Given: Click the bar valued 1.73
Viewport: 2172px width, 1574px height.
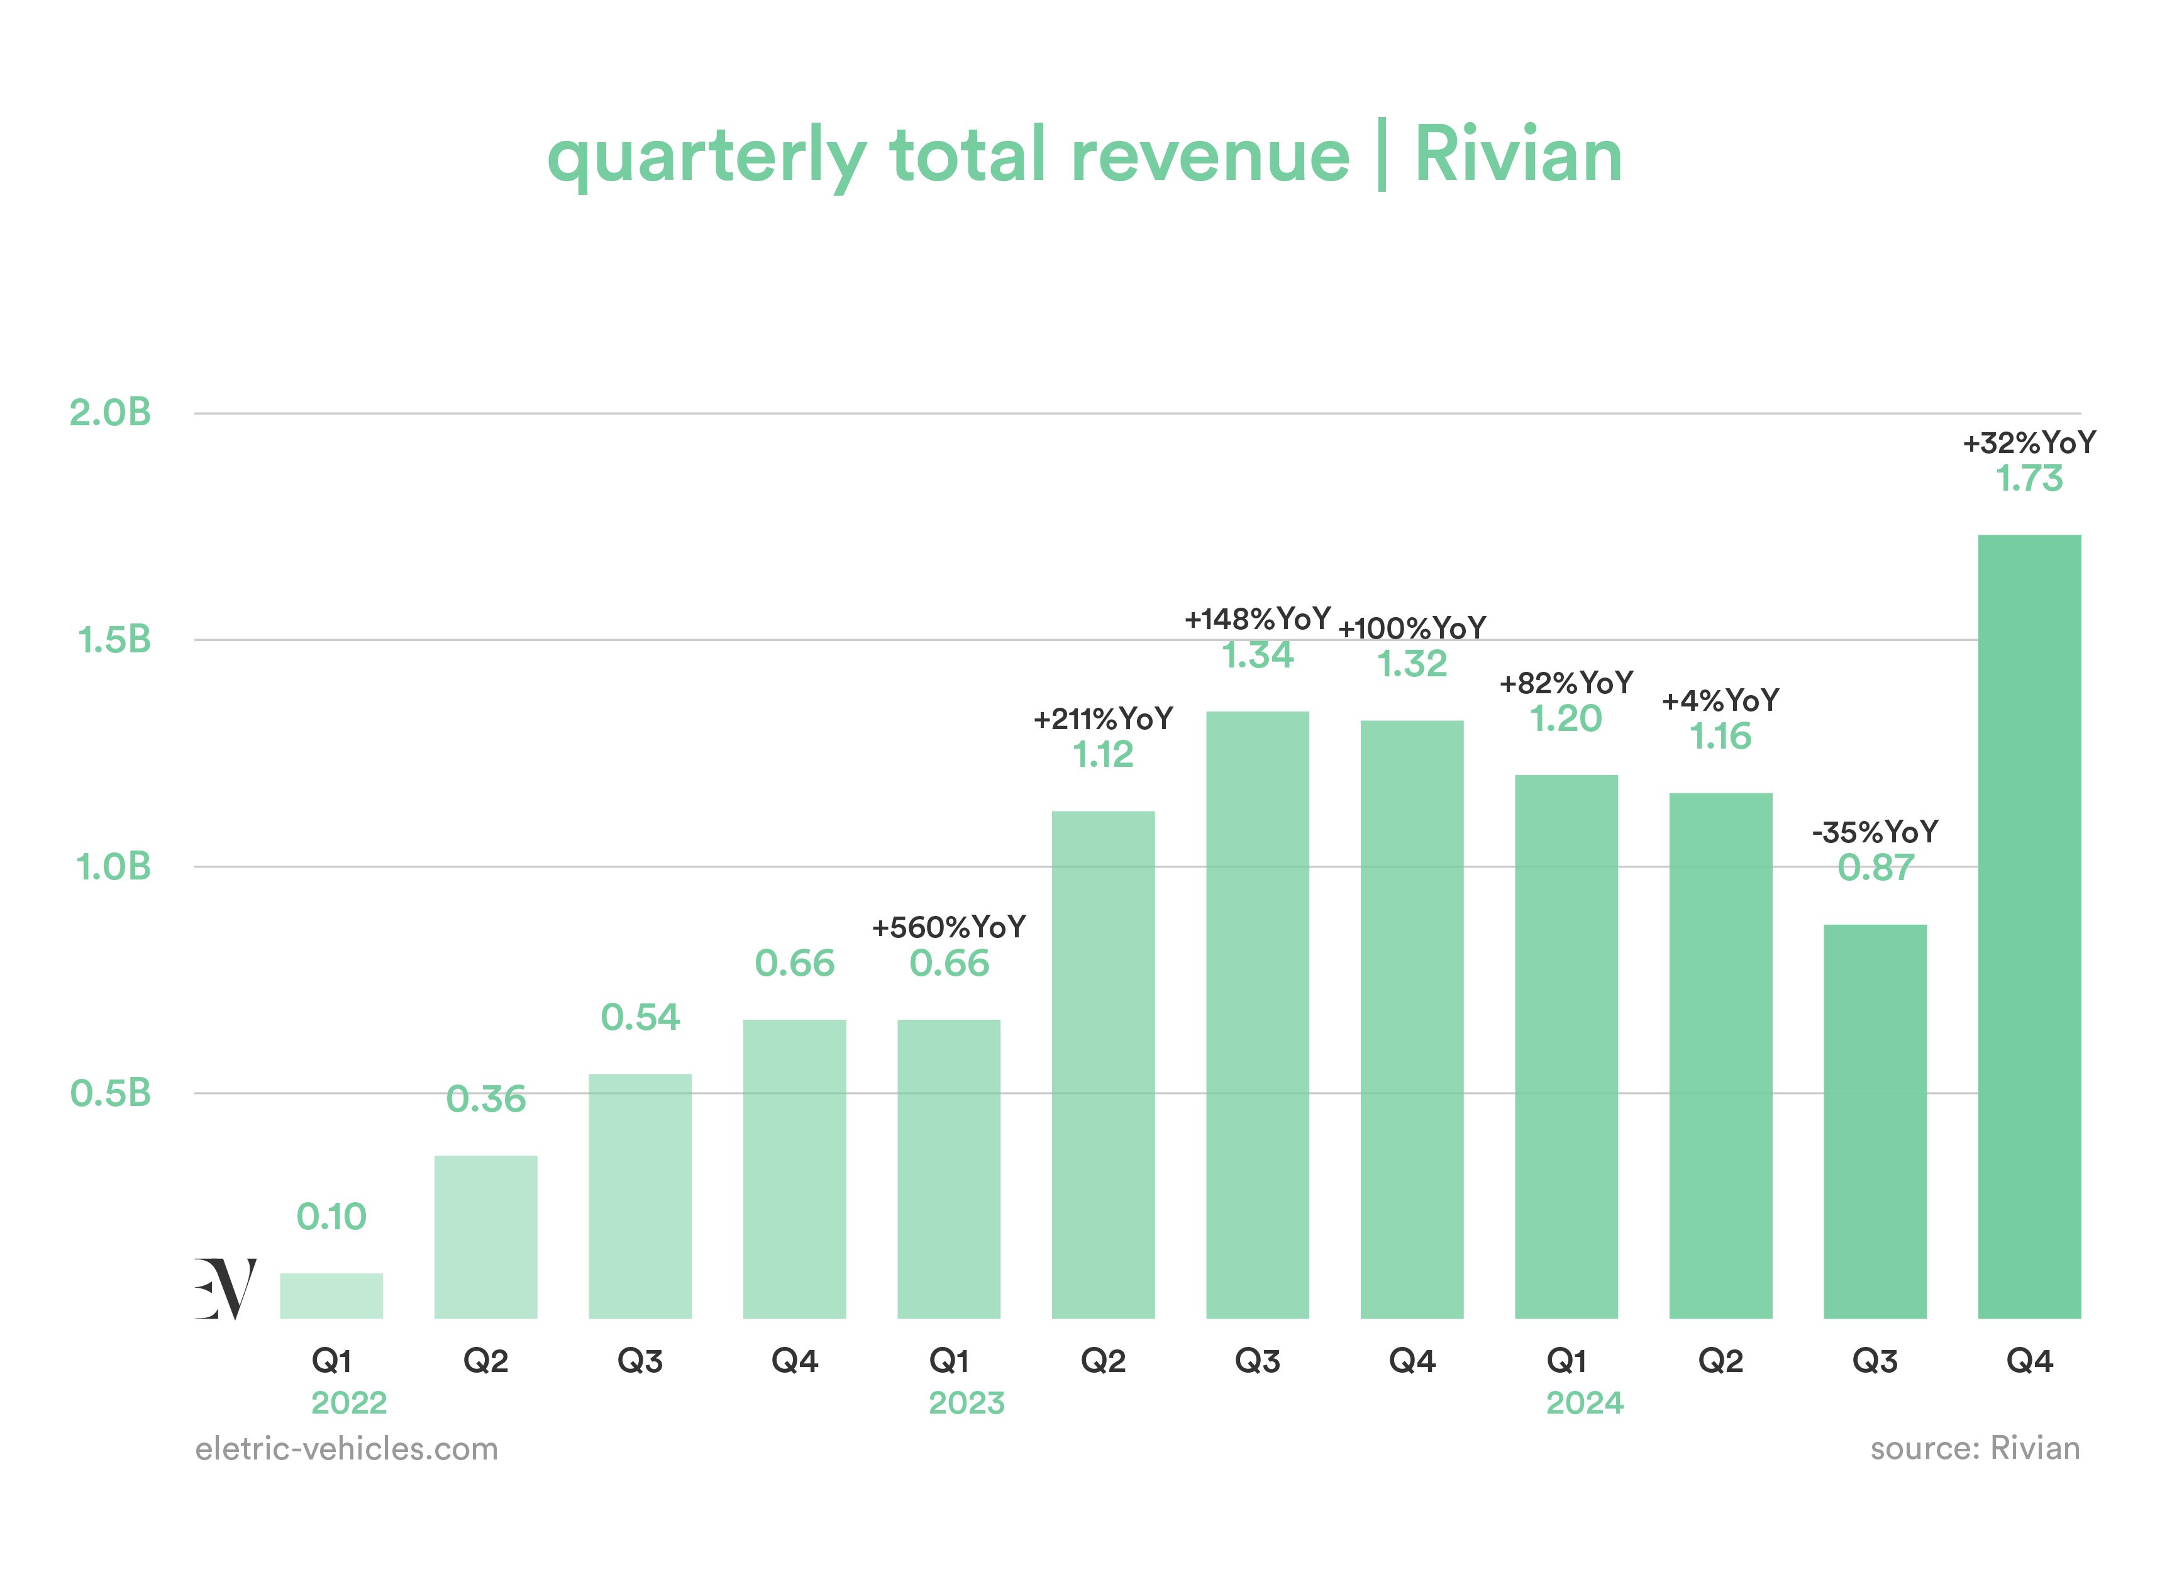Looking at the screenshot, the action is tap(2029, 927).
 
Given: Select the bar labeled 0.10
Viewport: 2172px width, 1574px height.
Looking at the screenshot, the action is tap(331, 1296).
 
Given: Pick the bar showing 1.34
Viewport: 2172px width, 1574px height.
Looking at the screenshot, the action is tap(1258, 1015).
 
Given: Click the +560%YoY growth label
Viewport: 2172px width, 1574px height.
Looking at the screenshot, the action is tap(948, 927).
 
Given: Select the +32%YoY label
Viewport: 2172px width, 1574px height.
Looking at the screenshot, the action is tap(2029, 443).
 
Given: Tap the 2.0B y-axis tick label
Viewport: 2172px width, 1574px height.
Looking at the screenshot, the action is tap(110, 413).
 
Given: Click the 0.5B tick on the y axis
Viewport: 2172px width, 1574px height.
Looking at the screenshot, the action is tap(110, 1093).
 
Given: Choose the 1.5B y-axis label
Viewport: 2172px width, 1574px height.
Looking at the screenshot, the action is tap(114, 640).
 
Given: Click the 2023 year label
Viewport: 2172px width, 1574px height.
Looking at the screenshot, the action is tap(967, 1404).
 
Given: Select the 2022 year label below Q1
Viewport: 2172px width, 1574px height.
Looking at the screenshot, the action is tap(348, 1404).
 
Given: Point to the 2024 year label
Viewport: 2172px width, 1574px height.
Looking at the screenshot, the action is tap(1585, 1404).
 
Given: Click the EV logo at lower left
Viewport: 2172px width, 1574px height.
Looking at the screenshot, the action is tap(226, 1288).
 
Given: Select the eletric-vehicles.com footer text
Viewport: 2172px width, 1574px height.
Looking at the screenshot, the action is tap(346, 1449).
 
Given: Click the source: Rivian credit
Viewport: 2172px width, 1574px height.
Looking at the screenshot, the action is tap(1975, 1449).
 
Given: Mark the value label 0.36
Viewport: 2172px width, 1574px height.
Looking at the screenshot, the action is tap(485, 1099).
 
